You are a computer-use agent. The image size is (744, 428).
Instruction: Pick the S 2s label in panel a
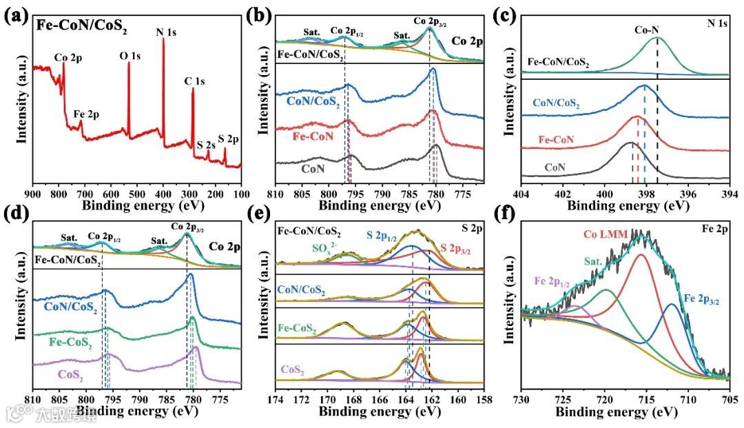[x=205, y=145]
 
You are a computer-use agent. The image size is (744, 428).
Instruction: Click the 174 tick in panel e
[x=276, y=398]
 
